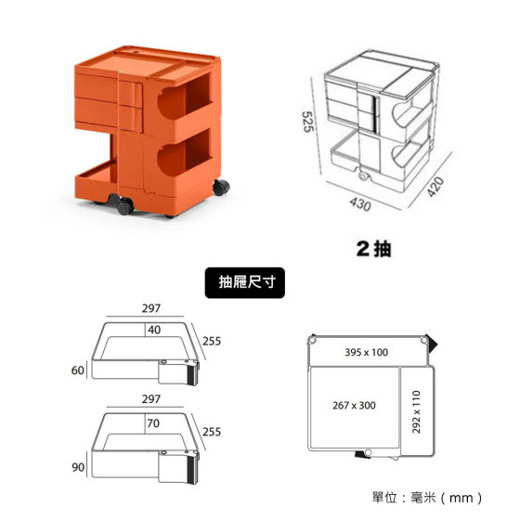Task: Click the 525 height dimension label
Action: [307, 122]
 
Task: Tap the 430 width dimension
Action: [360, 204]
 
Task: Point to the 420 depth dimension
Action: [435, 187]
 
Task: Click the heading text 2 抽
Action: [373, 249]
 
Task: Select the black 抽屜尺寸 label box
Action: [245, 282]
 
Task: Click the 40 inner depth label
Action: [154, 330]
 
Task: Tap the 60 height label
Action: [78, 370]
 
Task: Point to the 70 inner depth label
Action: [153, 423]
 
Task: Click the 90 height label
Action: [78, 467]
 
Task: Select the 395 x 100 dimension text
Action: [367, 352]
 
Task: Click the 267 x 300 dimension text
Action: [354, 405]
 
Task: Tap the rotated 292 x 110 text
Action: [416, 412]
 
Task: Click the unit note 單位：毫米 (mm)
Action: [427, 498]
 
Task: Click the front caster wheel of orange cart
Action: [125, 206]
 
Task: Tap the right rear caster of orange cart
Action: [221, 188]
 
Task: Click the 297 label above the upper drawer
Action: [151, 308]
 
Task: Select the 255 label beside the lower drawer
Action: [212, 432]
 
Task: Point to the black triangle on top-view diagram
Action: [432, 343]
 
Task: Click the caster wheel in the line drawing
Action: [364, 176]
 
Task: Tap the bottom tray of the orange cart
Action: [97, 181]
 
